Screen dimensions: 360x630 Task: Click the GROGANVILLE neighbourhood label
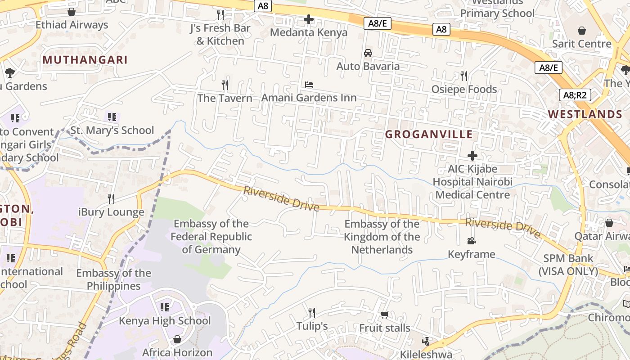[429, 135]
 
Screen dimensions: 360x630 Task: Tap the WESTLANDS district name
[585, 114]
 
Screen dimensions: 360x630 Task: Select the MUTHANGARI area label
[85, 60]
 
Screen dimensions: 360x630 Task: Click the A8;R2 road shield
[575, 95]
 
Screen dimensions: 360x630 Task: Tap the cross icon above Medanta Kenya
[309, 19]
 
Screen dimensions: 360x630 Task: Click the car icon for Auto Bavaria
[368, 53]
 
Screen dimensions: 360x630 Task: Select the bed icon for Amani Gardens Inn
[309, 85]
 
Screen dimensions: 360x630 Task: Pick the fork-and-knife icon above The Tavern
[225, 85]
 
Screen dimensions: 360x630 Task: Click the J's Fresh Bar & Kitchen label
[220, 34]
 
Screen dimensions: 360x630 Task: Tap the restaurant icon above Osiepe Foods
[464, 76]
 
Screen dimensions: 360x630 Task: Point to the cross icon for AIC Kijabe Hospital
[472, 156]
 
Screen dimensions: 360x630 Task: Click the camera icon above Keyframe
[471, 241]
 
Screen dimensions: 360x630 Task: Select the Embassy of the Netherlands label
[382, 237]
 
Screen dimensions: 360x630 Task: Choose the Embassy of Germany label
[211, 237]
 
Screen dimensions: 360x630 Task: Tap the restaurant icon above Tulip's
[312, 312]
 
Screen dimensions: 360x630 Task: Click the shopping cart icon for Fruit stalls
[384, 315]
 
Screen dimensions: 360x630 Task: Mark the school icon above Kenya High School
[165, 307]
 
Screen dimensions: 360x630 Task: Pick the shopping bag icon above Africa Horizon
[177, 339]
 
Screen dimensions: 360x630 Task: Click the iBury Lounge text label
[111, 212]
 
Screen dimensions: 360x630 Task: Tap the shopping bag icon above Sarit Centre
[582, 31]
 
